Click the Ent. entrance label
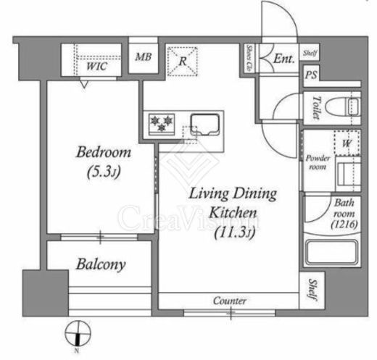click(284, 61)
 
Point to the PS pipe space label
click(311, 75)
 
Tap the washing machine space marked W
click(347, 143)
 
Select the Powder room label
click(318, 162)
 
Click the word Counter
click(230, 301)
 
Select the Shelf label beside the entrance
click(310, 52)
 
